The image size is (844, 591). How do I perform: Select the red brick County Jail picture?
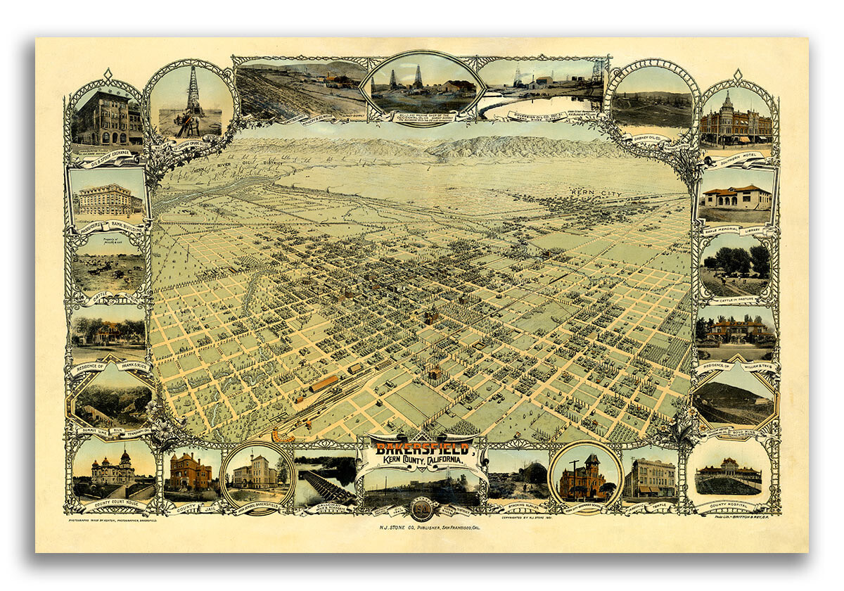tap(190, 471)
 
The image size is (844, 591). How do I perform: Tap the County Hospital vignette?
tap(729, 477)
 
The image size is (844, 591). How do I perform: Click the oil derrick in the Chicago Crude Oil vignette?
tap(192, 99)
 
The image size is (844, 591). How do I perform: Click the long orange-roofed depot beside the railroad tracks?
tap(324, 383)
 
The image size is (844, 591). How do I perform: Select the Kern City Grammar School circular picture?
tap(585, 476)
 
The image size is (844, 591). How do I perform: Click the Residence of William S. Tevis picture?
tap(736, 331)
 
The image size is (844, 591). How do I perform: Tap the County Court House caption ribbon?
tap(113, 504)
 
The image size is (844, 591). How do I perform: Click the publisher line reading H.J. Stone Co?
tap(421, 526)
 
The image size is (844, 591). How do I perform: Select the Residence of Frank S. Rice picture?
tap(109, 331)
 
